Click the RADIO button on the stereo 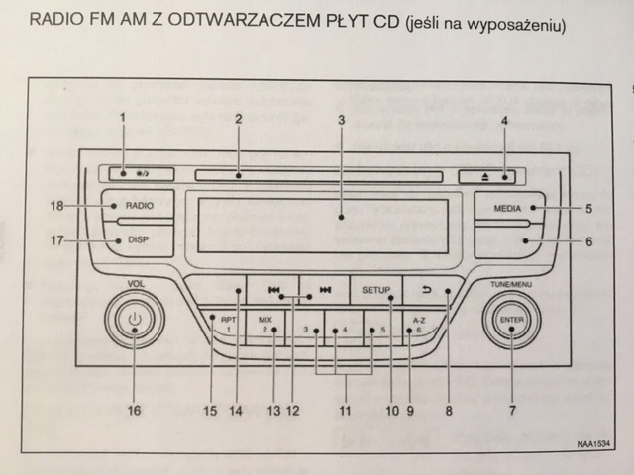(135, 207)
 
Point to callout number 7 (512, 408)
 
